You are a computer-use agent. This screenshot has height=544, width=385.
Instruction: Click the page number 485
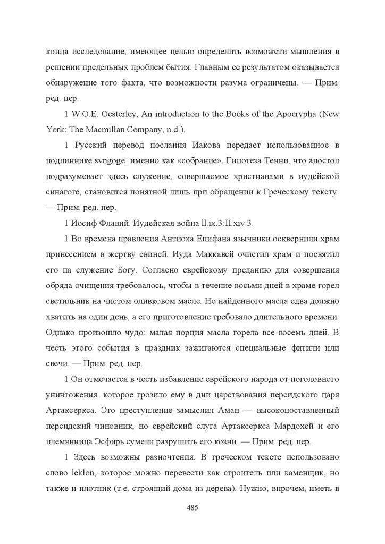pyautogui.click(x=192, y=507)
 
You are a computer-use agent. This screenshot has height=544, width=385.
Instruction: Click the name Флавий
pyautogui.click(x=114, y=222)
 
